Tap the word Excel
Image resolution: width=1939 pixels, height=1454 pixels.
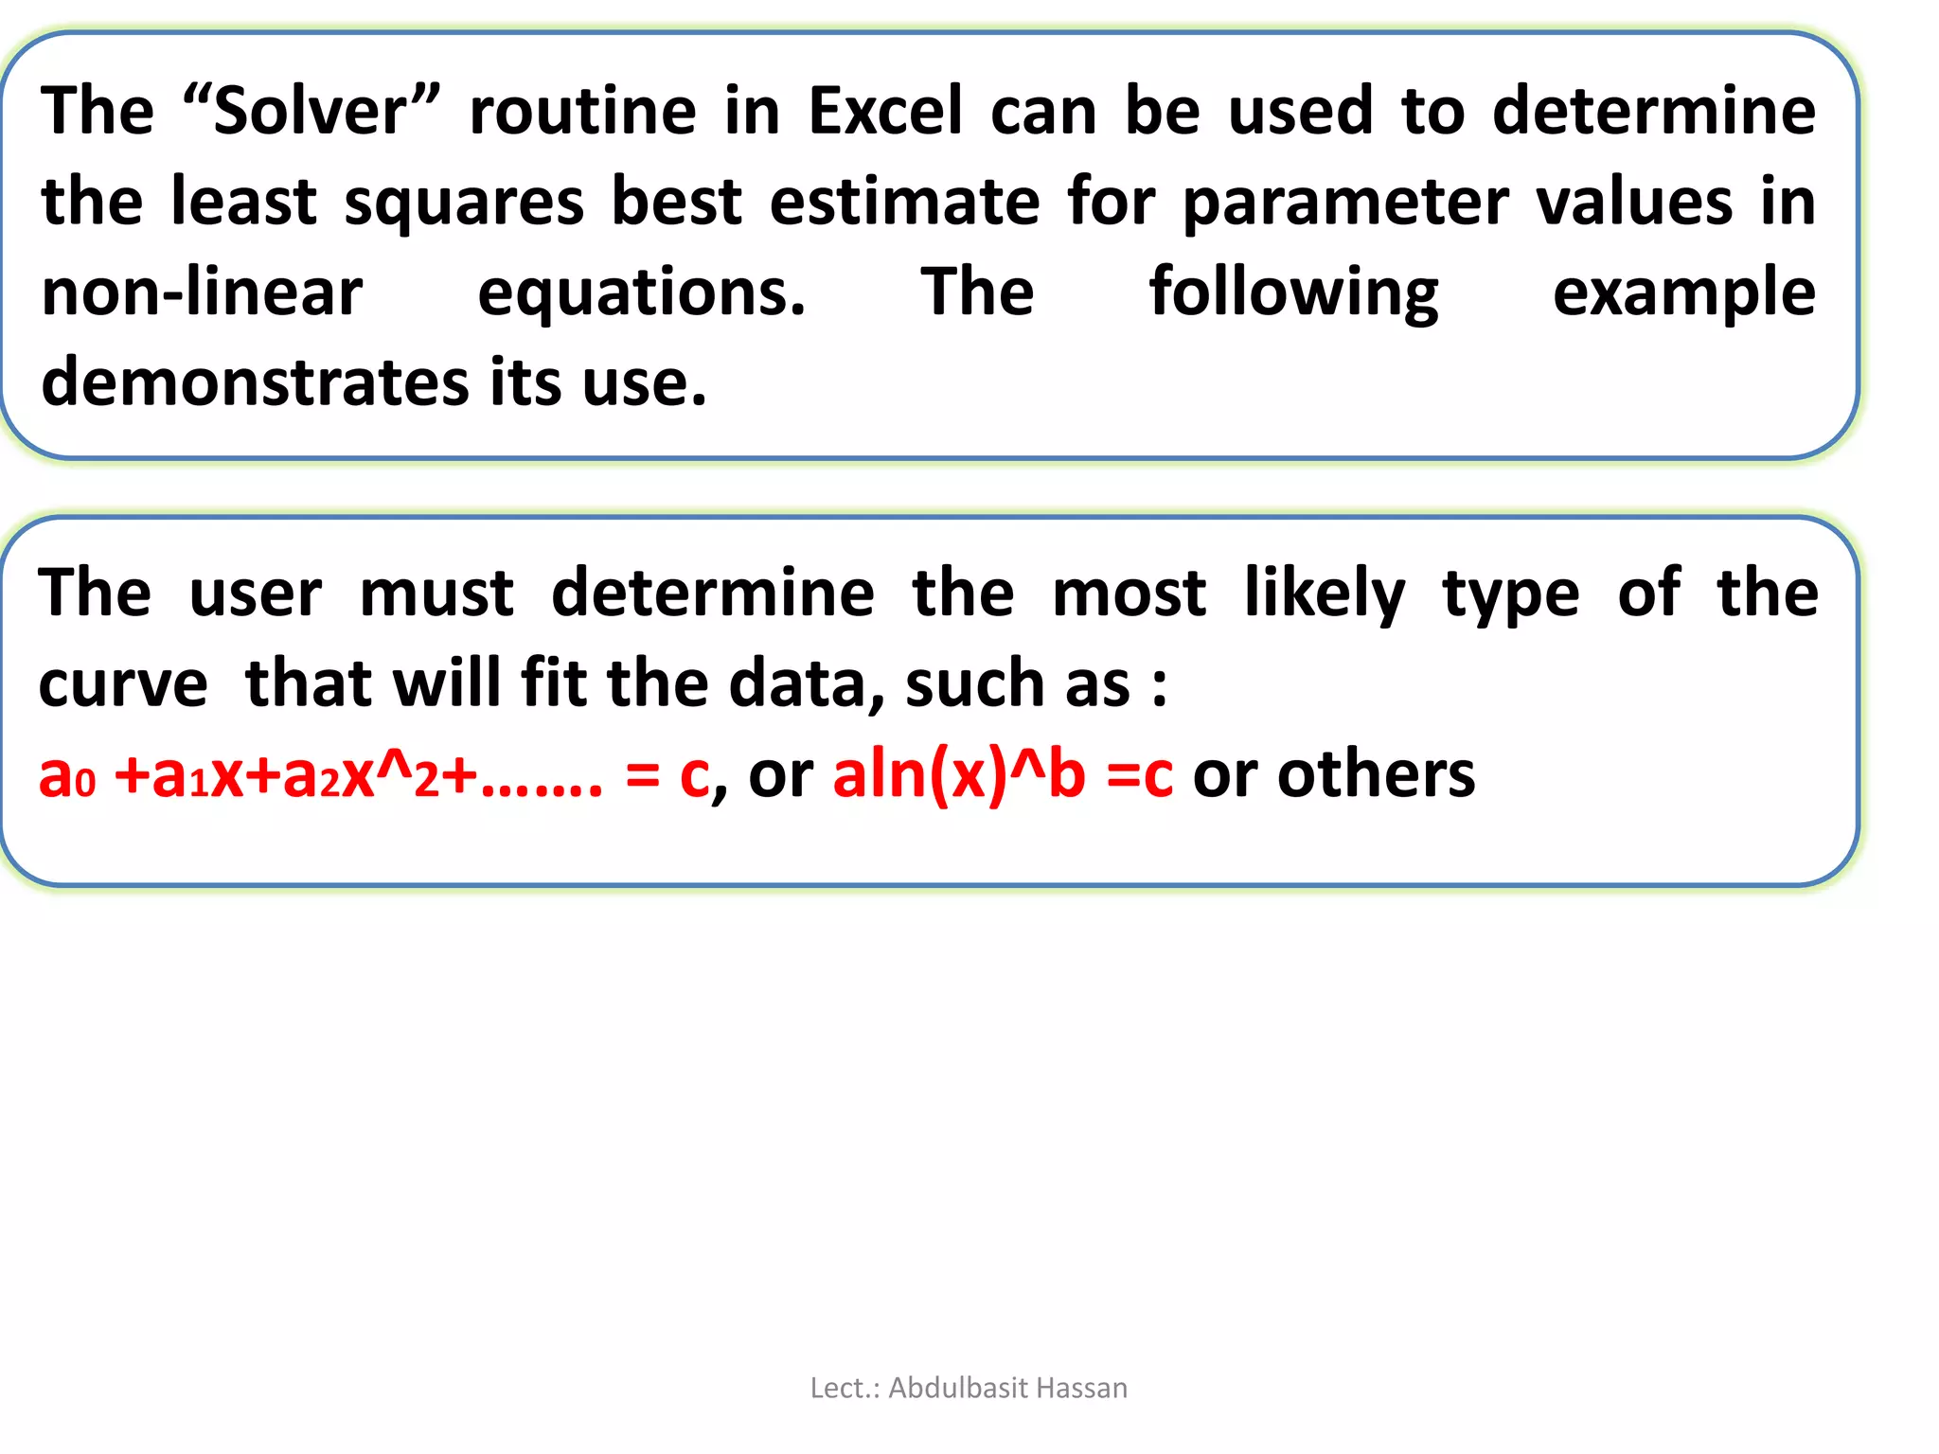pos(885,111)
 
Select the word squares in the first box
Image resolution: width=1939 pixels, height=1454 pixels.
pos(464,203)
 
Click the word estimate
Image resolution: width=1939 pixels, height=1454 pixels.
pos(904,203)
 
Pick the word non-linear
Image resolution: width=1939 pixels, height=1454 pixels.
pos(202,293)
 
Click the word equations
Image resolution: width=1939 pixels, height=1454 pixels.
pos(641,293)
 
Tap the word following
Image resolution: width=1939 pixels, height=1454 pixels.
pos(1293,293)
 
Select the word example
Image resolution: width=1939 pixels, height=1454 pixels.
pos(1683,293)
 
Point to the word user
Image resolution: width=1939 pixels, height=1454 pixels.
pos(256,594)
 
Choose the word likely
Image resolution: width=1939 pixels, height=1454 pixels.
pos(1324,594)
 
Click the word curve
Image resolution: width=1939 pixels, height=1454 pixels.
pos(123,683)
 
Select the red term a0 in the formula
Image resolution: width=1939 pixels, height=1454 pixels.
pos(66,775)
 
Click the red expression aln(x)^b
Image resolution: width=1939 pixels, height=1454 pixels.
pos(958,775)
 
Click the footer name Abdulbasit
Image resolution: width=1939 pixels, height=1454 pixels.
pos(957,1388)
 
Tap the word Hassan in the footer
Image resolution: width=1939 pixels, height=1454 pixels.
pos(1082,1388)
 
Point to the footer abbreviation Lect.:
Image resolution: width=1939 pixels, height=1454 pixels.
pos(845,1388)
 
